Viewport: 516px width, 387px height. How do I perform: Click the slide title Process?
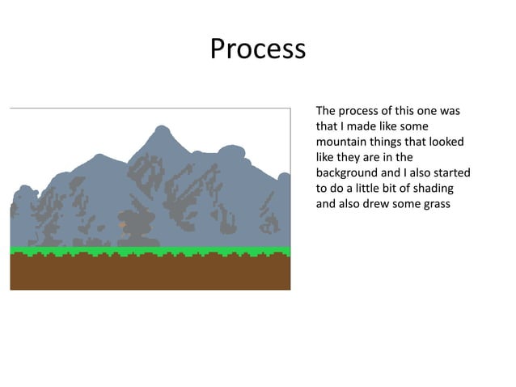click(x=258, y=49)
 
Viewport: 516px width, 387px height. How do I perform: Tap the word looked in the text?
click(x=446, y=142)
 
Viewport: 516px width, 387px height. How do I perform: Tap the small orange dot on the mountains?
click(x=122, y=225)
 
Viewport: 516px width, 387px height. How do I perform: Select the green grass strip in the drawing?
click(x=150, y=251)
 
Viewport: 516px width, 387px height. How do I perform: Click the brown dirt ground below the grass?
click(x=150, y=273)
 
